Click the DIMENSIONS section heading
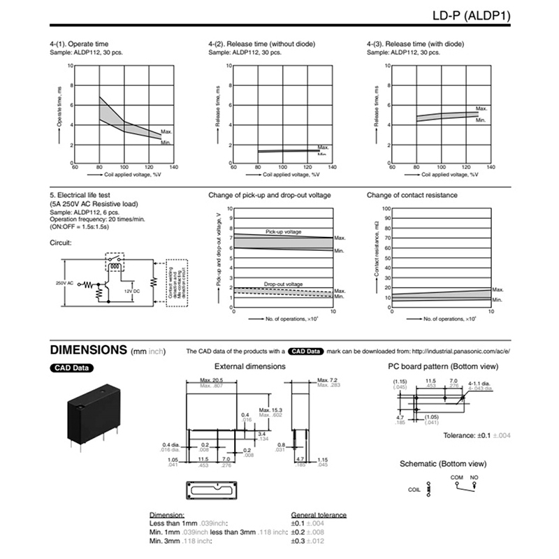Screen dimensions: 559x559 (x=87, y=349)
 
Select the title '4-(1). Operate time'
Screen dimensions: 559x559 (x=78, y=44)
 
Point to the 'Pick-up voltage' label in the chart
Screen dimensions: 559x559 (x=283, y=231)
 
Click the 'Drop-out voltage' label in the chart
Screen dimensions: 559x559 (x=283, y=284)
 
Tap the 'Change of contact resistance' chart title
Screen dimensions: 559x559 (x=412, y=195)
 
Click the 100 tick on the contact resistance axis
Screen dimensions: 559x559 (x=384, y=208)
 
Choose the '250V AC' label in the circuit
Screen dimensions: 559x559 (x=64, y=282)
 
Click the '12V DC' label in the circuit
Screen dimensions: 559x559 (x=133, y=290)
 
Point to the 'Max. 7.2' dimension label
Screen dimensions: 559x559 (x=328, y=379)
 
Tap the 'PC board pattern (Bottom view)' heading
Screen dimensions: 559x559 (x=443, y=366)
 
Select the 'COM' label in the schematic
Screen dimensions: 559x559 (x=457, y=477)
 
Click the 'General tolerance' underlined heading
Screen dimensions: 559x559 (x=319, y=515)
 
